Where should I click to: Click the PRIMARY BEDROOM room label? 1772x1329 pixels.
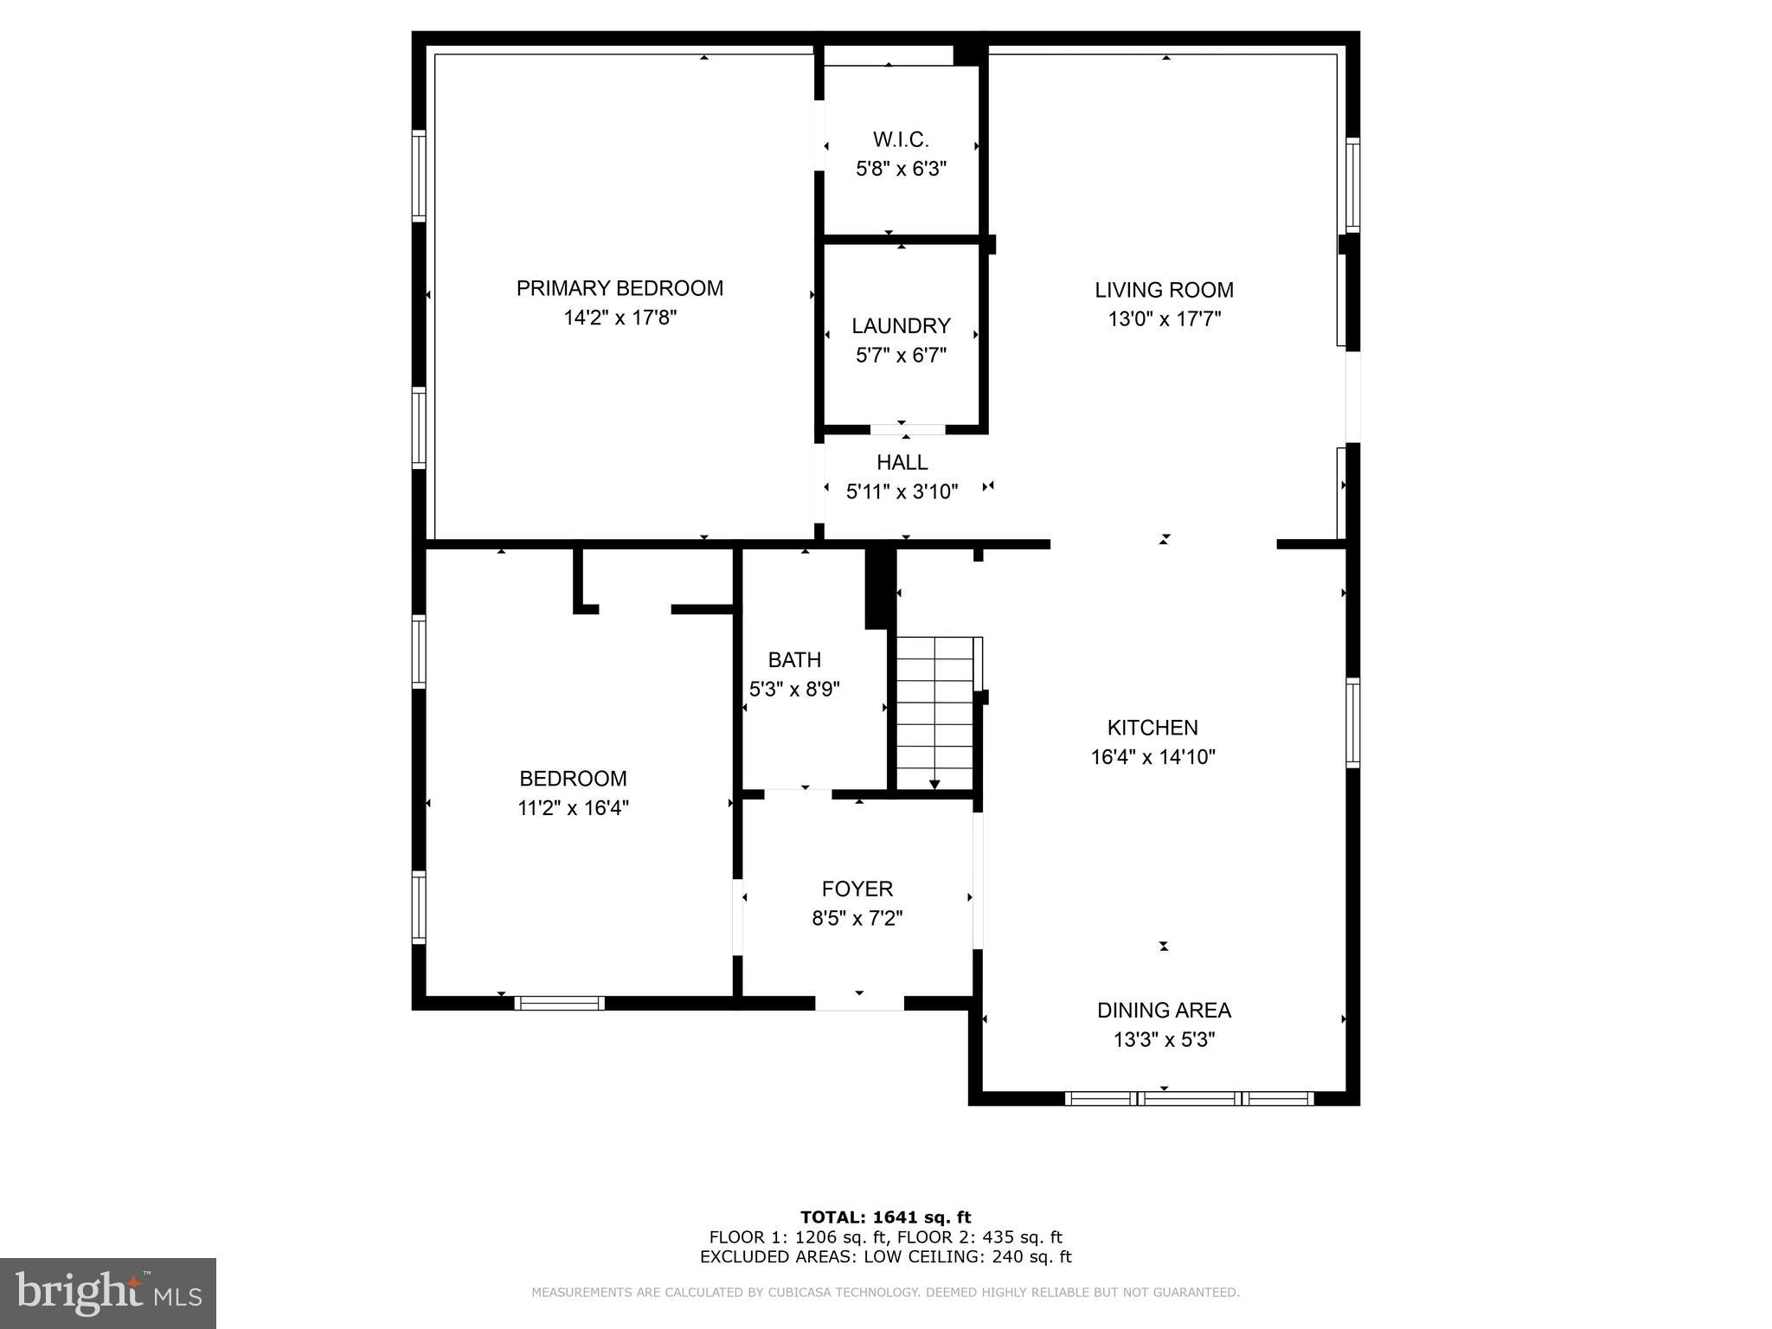tap(620, 288)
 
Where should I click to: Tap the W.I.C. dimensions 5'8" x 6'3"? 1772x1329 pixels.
tap(901, 169)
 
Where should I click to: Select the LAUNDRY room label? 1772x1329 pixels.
tap(901, 325)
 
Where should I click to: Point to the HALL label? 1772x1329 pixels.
tap(902, 462)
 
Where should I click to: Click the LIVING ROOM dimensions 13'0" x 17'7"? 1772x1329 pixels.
tap(1164, 319)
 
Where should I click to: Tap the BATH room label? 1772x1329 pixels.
tap(794, 659)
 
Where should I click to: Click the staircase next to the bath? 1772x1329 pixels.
tap(934, 713)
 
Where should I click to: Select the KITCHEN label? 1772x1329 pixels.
tap(1152, 728)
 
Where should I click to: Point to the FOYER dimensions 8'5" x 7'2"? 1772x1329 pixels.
tap(857, 918)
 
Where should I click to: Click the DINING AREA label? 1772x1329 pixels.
tap(1164, 1010)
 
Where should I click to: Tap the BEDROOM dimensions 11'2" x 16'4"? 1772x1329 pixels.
tap(573, 808)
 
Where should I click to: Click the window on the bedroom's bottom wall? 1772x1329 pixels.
tap(559, 1003)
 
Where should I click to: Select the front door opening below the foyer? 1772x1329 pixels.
tap(859, 1003)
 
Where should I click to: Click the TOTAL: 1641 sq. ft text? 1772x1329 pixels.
tap(885, 1217)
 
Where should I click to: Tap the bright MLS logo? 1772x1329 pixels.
tap(108, 1294)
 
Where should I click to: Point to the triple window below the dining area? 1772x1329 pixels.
tap(1189, 1099)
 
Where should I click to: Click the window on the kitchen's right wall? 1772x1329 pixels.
tap(1352, 723)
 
